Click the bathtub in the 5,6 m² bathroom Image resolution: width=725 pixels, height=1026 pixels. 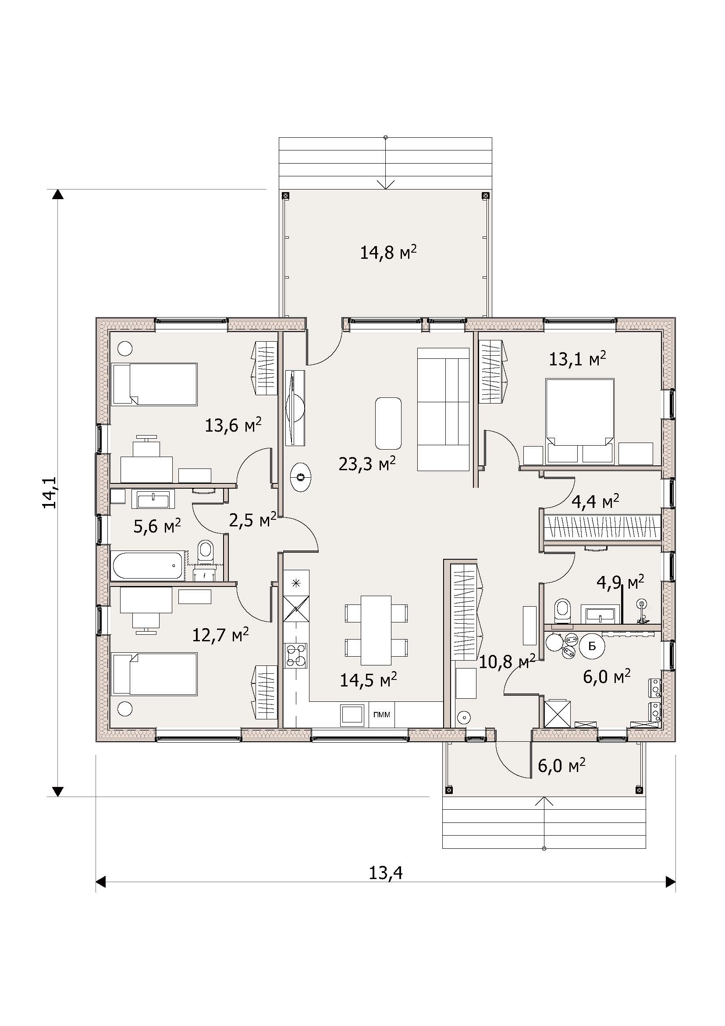[x=148, y=566]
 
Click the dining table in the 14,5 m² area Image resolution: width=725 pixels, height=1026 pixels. [x=376, y=630]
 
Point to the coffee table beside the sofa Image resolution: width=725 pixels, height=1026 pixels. [x=388, y=423]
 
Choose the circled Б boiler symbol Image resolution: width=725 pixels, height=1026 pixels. [x=592, y=646]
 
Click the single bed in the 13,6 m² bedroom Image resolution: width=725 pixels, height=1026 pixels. [x=154, y=384]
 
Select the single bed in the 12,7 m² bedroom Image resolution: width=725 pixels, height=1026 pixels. [x=154, y=674]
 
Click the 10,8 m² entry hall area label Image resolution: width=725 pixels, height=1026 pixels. [x=507, y=661]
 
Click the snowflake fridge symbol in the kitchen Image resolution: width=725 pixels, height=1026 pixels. [x=296, y=583]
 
